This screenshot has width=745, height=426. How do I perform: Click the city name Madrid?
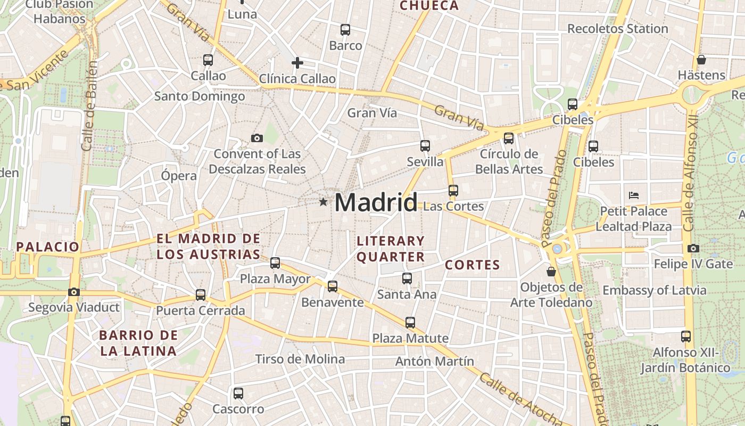[376, 203]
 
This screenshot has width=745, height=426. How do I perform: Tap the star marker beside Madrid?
[323, 202]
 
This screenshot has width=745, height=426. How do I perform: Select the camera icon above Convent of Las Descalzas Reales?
[257, 138]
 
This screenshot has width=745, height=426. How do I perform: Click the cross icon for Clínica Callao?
[297, 63]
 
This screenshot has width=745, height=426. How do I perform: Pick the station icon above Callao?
[208, 60]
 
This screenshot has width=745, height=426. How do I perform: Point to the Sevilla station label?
[425, 161]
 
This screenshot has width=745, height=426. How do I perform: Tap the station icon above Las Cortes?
[453, 190]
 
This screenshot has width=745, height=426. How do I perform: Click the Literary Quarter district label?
[391, 249]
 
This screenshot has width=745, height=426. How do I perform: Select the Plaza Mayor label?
[275, 279]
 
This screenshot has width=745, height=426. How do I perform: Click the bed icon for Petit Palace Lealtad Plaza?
[633, 195]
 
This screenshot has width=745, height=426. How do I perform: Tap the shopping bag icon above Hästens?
[701, 60]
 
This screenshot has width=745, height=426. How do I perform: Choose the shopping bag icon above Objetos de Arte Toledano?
[551, 272]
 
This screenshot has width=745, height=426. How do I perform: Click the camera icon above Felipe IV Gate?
[693, 248]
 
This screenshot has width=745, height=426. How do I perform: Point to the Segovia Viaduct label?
[74, 307]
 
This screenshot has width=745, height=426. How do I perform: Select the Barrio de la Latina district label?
[138, 343]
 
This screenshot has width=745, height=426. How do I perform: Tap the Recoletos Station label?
[617, 29]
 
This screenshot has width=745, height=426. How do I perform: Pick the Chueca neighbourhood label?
[428, 6]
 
